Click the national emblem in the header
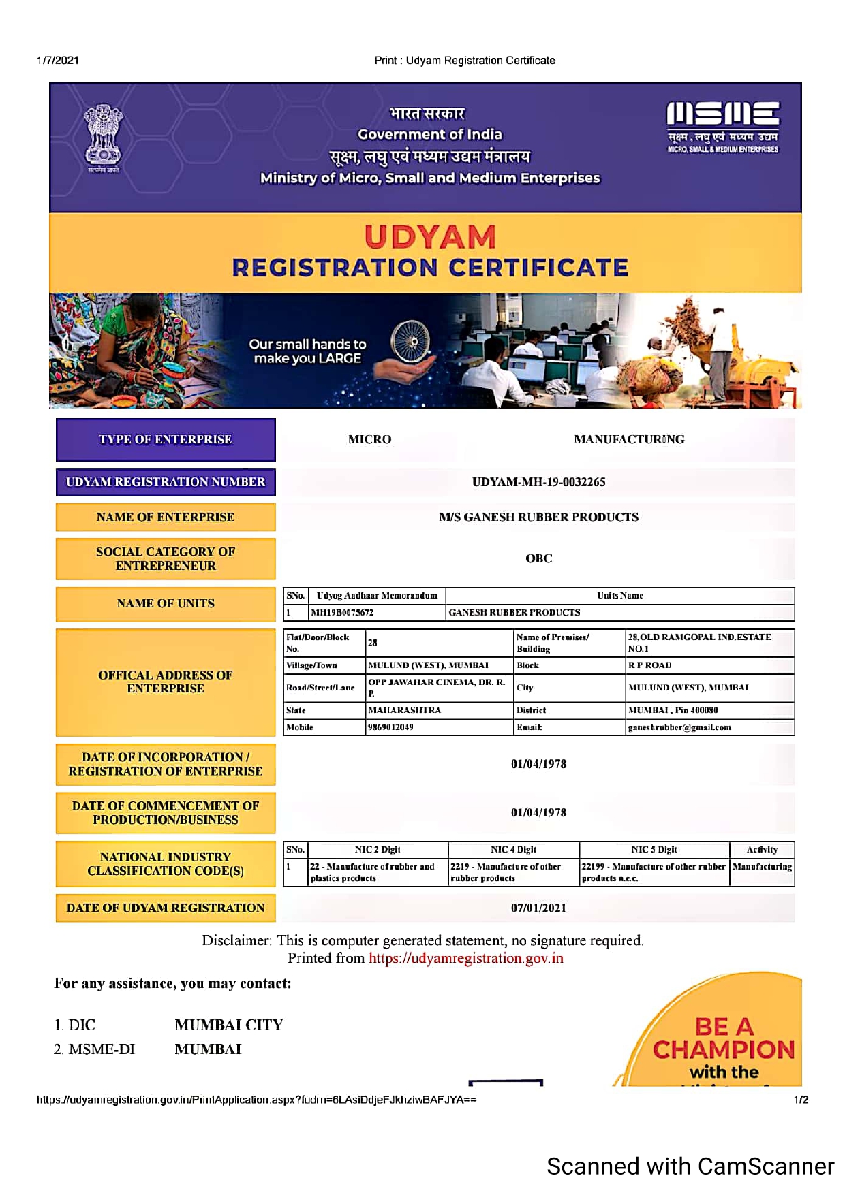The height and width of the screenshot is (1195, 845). click(x=103, y=136)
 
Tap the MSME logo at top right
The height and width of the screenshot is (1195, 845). click(x=722, y=126)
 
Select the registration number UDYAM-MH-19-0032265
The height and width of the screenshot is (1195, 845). click(x=538, y=482)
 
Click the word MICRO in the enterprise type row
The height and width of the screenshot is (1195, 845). click(x=369, y=439)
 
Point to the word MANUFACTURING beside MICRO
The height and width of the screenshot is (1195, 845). click(x=629, y=439)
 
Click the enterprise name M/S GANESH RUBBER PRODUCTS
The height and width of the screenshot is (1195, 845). click(x=538, y=517)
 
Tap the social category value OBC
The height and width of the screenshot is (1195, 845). click(x=538, y=558)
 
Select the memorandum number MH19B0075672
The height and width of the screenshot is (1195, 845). click(x=342, y=612)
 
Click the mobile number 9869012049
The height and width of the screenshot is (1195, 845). click(x=390, y=727)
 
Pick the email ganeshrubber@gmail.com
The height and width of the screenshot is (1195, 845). click(x=679, y=727)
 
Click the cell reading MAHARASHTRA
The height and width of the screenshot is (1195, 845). click(x=404, y=710)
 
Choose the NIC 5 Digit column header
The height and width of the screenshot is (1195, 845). click(x=654, y=849)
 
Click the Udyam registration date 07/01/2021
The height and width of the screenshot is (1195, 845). click(x=538, y=908)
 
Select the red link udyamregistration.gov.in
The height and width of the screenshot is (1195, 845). click(x=466, y=958)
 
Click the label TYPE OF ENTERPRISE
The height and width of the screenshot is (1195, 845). click(x=166, y=439)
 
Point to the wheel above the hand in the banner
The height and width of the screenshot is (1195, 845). click(x=410, y=341)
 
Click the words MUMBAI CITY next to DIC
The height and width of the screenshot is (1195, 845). click(x=228, y=1025)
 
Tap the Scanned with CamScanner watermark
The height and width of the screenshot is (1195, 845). click(x=690, y=1166)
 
